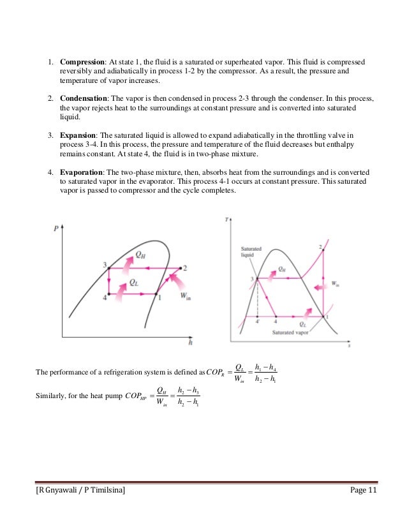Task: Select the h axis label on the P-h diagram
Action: pos(191,341)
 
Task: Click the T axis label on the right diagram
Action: pos(228,220)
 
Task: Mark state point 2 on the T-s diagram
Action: pos(319,246)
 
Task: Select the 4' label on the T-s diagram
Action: pos(256,323)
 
